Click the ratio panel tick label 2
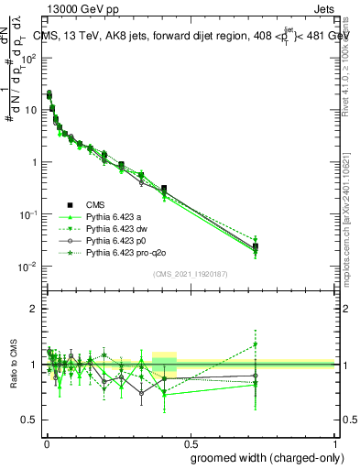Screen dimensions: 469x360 (35, 310)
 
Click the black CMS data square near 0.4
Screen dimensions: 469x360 (164, 188)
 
